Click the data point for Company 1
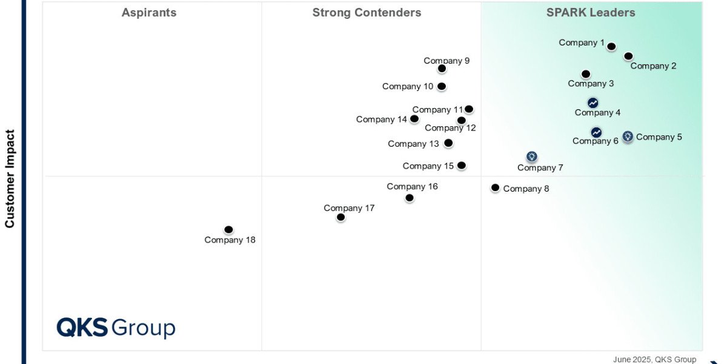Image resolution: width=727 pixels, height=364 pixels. [611, 47]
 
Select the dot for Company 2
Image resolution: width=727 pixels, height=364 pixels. [628, 56]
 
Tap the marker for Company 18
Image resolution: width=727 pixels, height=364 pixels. [228, 229]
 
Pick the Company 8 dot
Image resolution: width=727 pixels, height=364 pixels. [495, 188]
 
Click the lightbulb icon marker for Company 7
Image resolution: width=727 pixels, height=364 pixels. [531, 157]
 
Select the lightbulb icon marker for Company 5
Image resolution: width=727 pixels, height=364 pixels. [628, 136]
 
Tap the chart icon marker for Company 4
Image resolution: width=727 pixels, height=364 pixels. [593, 103]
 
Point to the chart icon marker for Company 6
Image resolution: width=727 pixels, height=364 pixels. [596, 132]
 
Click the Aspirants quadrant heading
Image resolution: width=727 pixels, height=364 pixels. [149, 13]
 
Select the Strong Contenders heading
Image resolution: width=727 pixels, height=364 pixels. [367, 13]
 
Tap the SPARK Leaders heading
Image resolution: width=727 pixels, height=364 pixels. [591, 13]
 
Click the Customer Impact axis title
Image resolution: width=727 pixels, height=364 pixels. [10, 178]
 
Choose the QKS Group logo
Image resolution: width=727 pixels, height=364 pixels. [116, 328]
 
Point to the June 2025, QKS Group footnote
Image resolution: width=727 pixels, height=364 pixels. [654, 359]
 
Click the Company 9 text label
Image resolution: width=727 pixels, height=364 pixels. [446, 61]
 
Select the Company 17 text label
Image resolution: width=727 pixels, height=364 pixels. [349, 208]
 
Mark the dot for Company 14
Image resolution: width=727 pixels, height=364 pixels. [414, 119]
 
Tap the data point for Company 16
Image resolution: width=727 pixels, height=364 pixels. [410, 198]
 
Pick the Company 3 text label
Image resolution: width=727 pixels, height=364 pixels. [591, 84]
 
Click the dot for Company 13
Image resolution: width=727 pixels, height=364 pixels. [448, 143]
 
